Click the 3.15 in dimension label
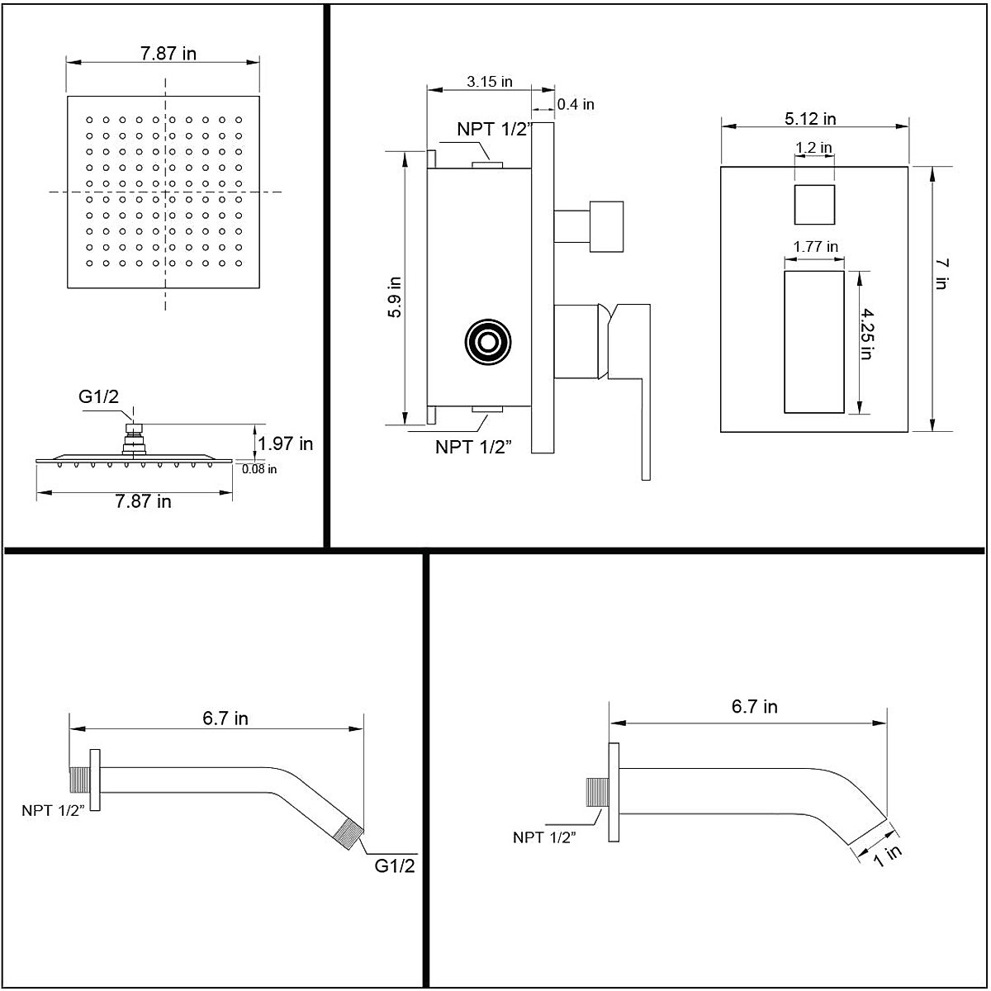click(489, 81)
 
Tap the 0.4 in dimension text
click(576, 104)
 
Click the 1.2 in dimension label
click(813, 148)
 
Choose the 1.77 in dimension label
click(815, 246)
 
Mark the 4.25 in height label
click(866, 334)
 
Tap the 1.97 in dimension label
click(286, 443)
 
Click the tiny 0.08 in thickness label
click(259, 469)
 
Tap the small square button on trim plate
click(814, 205)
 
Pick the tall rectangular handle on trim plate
click(813, 341)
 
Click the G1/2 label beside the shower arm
click(395, 865)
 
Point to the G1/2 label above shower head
click(99, 396)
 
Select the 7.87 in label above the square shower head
click(168, 54)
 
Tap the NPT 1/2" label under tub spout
click(544, 837)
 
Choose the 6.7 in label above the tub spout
click(754, 706)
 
